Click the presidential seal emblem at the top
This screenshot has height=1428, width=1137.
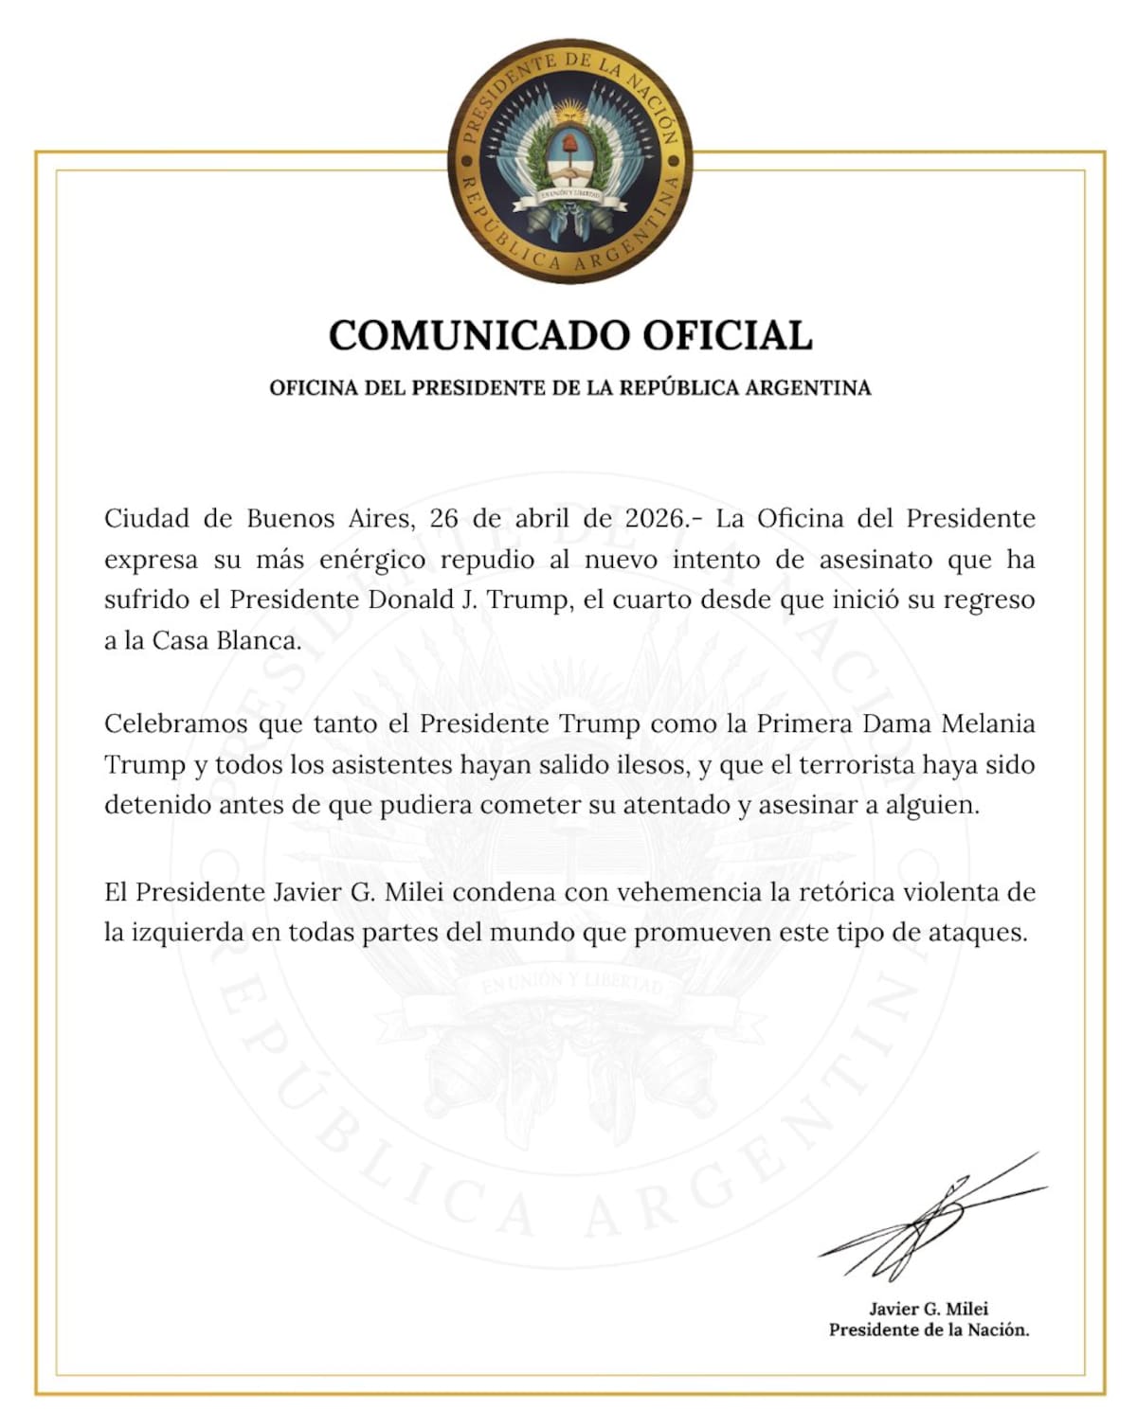569,160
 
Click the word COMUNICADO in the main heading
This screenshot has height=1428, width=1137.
479,335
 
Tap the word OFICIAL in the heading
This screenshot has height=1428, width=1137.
728,335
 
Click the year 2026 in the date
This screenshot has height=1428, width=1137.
654,519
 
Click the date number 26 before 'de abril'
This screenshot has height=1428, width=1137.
444,519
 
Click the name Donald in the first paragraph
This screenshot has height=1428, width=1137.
413,600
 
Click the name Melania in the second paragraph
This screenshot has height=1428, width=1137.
987,724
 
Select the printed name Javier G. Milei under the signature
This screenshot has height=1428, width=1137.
929,1310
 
